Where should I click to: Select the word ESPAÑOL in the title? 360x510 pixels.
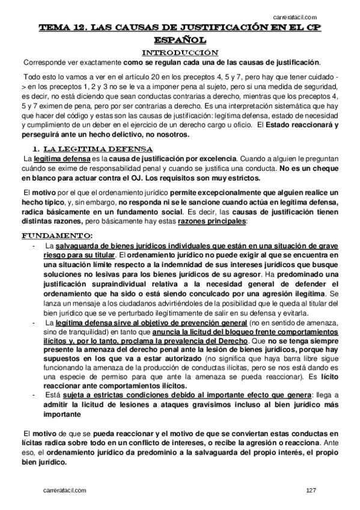click(180, 40)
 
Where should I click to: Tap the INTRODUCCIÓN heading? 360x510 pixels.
click(180, 52)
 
